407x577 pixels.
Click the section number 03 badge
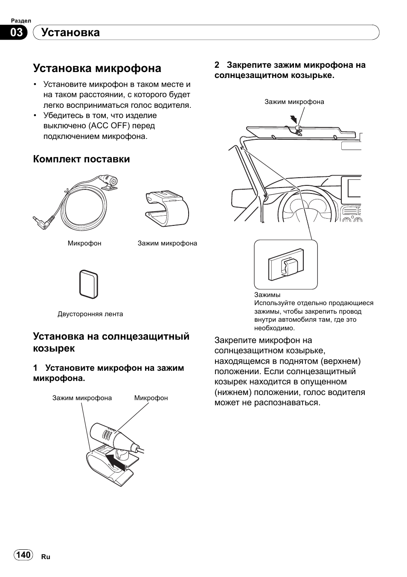click(x=16, y=33)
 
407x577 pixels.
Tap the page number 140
click(x=23, y=554)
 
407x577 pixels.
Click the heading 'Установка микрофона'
click(x=97, y=68)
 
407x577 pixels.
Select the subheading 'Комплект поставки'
click(x=81, y=159)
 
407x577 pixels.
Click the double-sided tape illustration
click(x=89, y=283)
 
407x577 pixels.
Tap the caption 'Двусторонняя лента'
click(x=90, y=314)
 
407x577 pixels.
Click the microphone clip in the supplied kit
click(x=166, y=208)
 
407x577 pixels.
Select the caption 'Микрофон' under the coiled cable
click(x=84, y=243)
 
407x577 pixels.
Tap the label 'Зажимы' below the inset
click(x=267, y=295)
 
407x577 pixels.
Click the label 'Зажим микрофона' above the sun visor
click(x=294, y=102)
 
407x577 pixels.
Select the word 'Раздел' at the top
click(x=21, y=20)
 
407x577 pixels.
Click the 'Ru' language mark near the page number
click(x=46, y=557)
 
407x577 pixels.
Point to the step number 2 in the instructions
click(x=217, y=65)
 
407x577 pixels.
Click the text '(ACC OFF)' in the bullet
click(x=109, y=126)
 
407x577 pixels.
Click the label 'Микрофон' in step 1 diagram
click(x=151, y=398)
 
